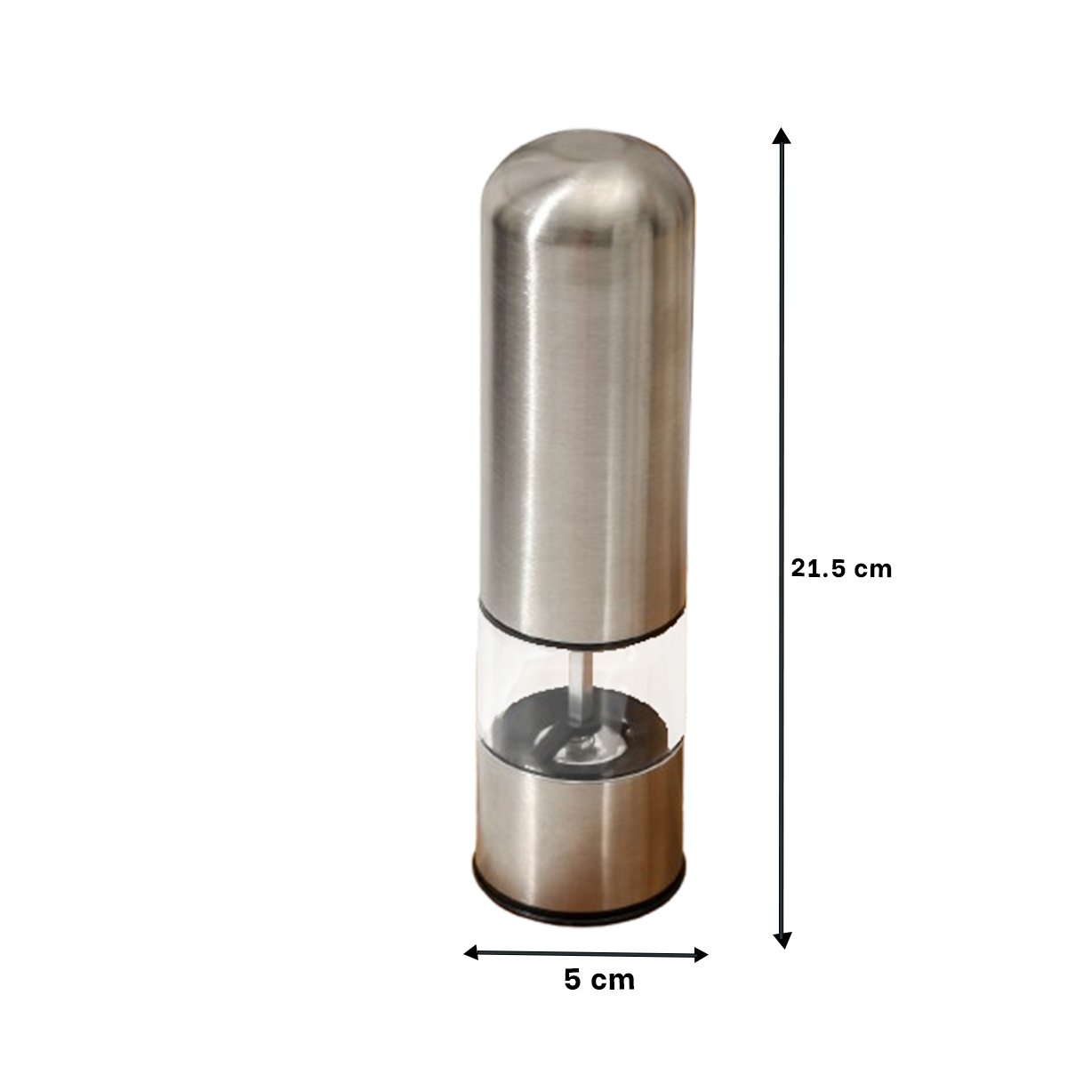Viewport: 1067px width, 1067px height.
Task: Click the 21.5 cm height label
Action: click(840, 569)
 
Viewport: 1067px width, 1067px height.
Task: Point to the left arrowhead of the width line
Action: click(471, 952)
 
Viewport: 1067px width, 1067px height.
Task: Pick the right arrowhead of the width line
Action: click(701, 955)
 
